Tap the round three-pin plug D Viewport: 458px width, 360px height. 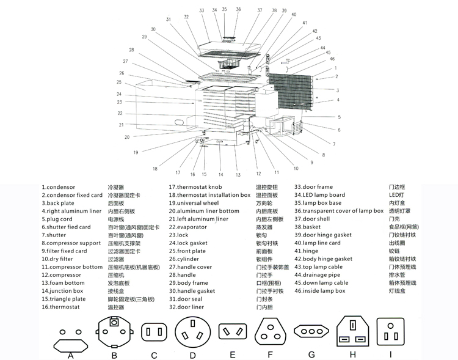click(x=193, y=333)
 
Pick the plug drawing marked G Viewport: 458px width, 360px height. click(x=311, y=331)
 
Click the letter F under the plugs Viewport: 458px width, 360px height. click(x=271, y=354)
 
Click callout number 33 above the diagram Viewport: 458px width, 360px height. click(x=202, y=11)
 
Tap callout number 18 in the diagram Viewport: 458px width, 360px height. click(x=155, y=169)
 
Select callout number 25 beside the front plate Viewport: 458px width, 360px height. click(x=119, y=82)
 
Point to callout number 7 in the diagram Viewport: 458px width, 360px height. click(x=334, y=144)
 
